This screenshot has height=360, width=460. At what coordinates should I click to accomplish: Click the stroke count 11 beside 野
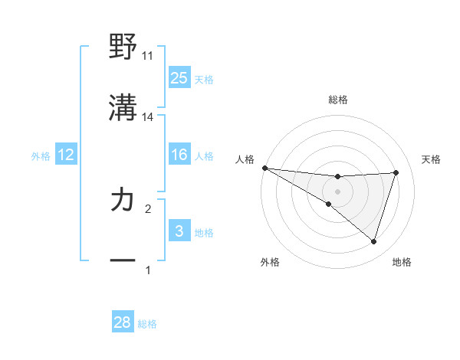click(148, 56)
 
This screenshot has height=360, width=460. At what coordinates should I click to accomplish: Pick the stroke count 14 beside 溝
click(148, 117)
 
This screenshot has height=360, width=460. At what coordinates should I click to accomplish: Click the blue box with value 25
click(179, 77)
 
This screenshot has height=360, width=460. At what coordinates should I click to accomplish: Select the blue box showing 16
click(179, 155)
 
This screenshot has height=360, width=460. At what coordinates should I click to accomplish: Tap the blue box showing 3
click(179, 231)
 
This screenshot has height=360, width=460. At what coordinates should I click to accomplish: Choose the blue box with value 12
click(66, 155)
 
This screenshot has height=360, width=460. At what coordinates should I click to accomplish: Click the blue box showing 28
click(123, 322)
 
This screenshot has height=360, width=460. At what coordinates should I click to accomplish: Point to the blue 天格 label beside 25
click(204, 79)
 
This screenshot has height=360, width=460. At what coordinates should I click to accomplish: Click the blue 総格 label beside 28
click(147, 324)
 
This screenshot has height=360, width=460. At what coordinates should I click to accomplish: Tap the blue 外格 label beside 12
click(41, 155)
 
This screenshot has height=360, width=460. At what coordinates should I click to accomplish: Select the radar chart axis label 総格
click(338, 100)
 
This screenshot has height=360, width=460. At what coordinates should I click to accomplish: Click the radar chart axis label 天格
click(431, 159)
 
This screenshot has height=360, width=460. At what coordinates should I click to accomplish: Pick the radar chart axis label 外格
click(270, 262)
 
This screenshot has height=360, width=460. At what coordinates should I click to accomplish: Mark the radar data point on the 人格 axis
click(264, 168)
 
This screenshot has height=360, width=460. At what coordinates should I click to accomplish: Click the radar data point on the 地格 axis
click(374, 242)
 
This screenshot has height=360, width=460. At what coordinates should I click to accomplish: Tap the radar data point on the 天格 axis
click(396, 172)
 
